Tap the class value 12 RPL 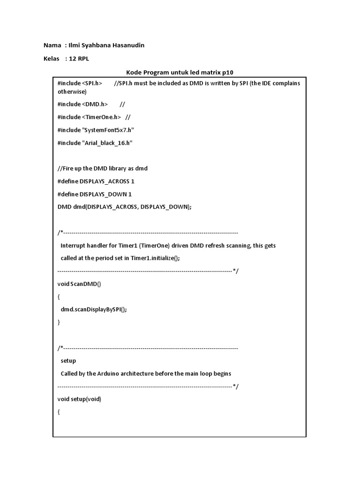click(x=79, y=59)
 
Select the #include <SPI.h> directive click(x=80, y=83)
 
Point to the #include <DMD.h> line click(x=82, y=104)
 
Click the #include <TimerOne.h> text click(x=89, y=117)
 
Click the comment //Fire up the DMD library click(x=103, y=168)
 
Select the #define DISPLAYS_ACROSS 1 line click(x=96, y=181)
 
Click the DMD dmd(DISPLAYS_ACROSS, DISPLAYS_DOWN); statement click(x=125, y=207)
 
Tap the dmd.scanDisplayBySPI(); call click(x=94, y=309)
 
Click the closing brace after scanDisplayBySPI click(x=59, y=322)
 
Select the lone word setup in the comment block click(x=68, y=361)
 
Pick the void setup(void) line click(x=79, y=399)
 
